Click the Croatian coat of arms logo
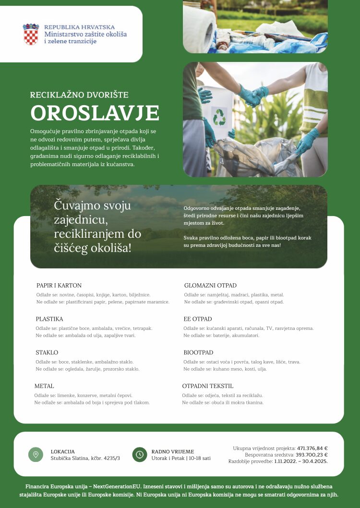[x=31, y=34]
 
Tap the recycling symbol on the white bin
[x=219, y=116]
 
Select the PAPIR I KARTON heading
[x=59, y=285]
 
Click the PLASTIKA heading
[x=49, y=319]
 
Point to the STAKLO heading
[x=47, y=352]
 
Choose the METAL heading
[x=44, y=386]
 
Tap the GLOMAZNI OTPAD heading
[x=210, y=285]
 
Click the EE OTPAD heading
[x=198, y=319]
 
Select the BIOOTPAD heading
[x=198, y=352]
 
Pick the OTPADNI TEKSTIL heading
[x=208, y=386]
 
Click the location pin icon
[x=36, y=454]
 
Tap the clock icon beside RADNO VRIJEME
[x=139, y=454]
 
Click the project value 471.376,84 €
[x=312, y=448]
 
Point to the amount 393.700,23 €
[x=312, y=455]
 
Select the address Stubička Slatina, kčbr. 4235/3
[x=85, y=458]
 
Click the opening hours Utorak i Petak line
[x=181, y=458]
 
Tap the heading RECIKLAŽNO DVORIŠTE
[x=79, y=95]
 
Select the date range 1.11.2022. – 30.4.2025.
[x=301, y=461]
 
